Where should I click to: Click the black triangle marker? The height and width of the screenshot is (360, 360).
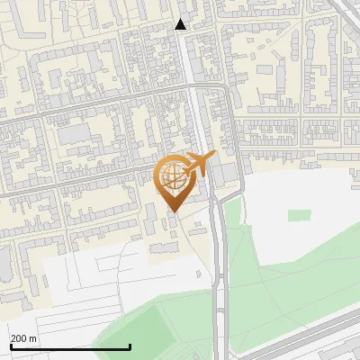pyautogui.click(x=181, y=24)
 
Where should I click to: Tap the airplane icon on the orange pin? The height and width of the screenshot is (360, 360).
pyautogui.click(x=197, y=165)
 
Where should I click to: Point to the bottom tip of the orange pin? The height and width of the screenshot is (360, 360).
pyautogui.click(x=173, y=212)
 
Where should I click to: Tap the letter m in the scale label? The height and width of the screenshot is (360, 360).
pyautogui.click(x=33, y=338)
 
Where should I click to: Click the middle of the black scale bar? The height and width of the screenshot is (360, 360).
pyautogui.click(x=70, y=346)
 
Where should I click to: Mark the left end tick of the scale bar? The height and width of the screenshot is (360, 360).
pyautogui.click(x=11, y=346)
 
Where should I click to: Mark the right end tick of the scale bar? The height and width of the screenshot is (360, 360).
pyautogui.click(x=130, y=346)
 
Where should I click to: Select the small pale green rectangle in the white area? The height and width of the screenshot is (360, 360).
pyautogui.click(x=300, y=216)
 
